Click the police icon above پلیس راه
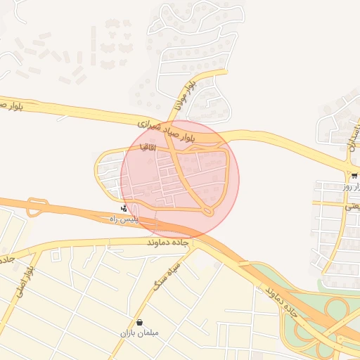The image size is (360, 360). click(124, 208)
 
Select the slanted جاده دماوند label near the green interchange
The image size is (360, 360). click(278, 299)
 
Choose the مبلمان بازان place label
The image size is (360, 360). click(140, 332)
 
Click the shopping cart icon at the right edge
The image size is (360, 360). click(354, 176)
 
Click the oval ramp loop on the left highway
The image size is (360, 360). click(34, 207)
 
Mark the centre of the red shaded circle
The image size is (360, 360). click(180, 179)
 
